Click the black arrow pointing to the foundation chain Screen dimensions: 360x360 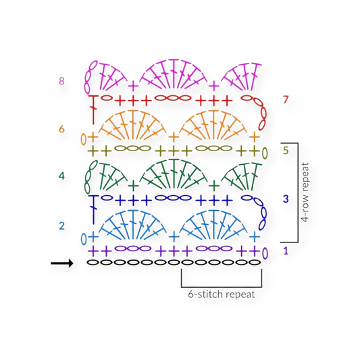(61, 263)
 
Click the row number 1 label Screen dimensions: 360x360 (286, 251)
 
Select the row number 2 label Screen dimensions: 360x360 (61, 226)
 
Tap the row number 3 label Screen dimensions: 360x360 (286, 199)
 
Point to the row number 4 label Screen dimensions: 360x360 (61, 176)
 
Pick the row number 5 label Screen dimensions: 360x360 (286, 150)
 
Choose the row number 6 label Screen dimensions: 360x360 (61, 128)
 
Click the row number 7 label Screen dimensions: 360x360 (286, 100)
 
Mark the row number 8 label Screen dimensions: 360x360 (61, 81)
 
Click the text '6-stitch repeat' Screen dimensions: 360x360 (222, 294)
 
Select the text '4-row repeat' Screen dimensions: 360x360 (305, 192)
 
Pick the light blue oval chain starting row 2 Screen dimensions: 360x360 (84, 238)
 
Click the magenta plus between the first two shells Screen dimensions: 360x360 (133, 86)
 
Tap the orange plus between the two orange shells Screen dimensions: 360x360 (174, 136)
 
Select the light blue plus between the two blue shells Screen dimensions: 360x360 (174, 236)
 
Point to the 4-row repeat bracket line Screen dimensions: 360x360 (297, 192)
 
